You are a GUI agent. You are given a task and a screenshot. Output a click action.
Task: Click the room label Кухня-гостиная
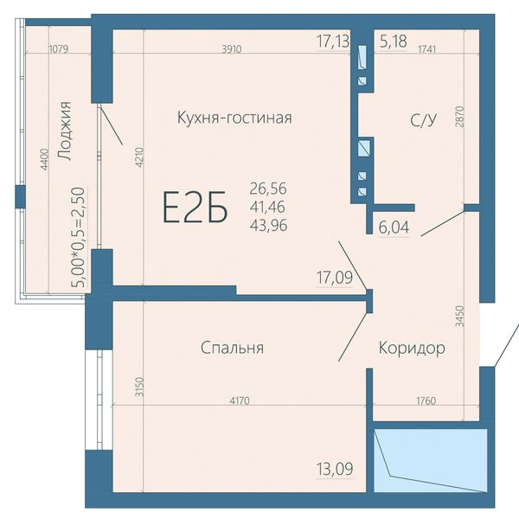point(234,118)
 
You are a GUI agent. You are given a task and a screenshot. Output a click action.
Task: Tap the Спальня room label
point(233,348)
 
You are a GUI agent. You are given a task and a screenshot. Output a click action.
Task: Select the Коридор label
point(412,349)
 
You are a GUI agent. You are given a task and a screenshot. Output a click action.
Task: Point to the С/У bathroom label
point(423,120)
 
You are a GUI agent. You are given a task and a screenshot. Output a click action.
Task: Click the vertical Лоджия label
point(63,131)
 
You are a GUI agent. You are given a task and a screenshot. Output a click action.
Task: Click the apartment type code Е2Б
point(195,207)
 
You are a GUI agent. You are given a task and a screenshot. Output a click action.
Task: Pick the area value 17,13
point(333,42)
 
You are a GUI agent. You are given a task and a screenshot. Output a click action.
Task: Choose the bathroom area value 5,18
point(394,42)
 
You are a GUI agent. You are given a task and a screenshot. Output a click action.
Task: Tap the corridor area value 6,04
point(394,227)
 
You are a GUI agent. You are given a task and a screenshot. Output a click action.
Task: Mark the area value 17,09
point(335,278)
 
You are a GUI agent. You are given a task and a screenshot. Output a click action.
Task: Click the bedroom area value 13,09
point(335,469)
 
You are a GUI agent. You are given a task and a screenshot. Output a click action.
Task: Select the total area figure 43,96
point(268,226)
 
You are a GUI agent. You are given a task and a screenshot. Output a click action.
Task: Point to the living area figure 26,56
point(268,189)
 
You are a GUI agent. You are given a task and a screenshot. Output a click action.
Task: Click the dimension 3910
point(232,49)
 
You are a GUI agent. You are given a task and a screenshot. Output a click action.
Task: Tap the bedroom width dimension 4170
point(240,401)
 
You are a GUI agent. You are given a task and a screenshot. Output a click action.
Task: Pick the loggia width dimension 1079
point(59,49)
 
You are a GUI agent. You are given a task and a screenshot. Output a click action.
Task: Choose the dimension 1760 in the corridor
point(426,401)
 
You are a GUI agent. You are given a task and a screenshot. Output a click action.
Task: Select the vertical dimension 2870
point(460,117)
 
